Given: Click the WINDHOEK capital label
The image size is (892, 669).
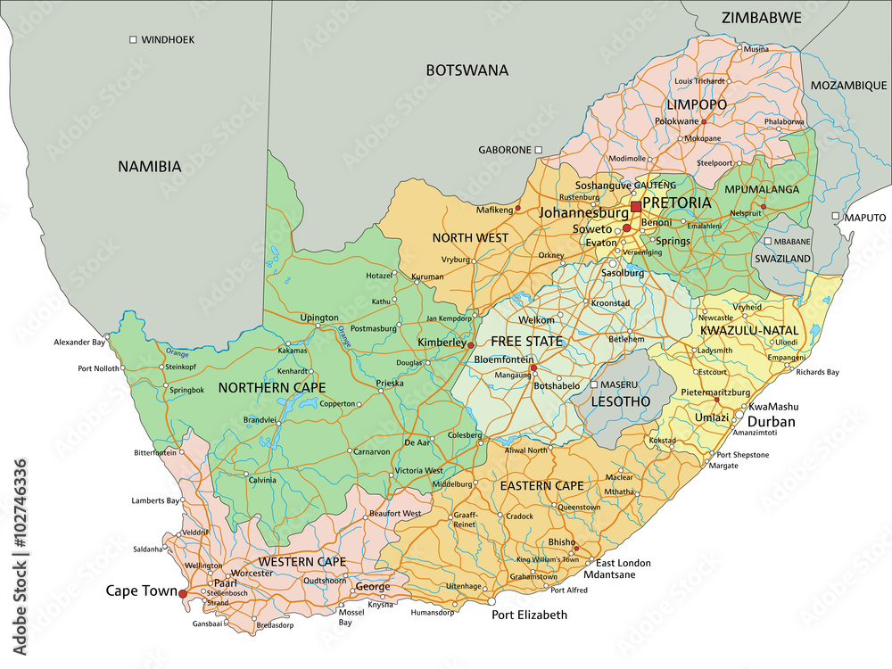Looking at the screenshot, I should click(x=168, y=39).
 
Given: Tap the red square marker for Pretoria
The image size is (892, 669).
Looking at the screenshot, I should click(x=635, y=207).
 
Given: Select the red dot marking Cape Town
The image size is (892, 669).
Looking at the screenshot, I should click(x=183, y=593).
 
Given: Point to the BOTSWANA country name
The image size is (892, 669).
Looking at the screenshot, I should click(x=467, y=70).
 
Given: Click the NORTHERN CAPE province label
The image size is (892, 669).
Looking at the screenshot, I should click(x=272, y=387).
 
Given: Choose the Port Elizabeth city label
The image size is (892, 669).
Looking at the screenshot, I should click(x=529, y=615).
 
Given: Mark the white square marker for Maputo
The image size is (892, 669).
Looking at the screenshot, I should click(x=836, y=217).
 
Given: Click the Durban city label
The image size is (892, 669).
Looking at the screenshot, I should click(x=771, y=422).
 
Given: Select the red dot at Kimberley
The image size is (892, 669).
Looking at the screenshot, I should click(x=471, y=344).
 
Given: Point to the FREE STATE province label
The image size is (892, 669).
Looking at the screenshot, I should click(x=526, y=342).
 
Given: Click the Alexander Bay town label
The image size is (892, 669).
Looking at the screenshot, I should click(x=79, y=342).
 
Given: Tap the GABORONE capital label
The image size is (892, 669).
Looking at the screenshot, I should click(x=505, y=150).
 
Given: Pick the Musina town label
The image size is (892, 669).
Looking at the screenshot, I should click(x=756, y=48).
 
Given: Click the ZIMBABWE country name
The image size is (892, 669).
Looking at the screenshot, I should click(x=761, y=18).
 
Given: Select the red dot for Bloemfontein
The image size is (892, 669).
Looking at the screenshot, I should click(x=533, y=368).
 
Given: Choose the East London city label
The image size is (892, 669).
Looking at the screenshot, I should click(x=624, y=563).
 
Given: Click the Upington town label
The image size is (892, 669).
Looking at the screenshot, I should click(x=319, y=318).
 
